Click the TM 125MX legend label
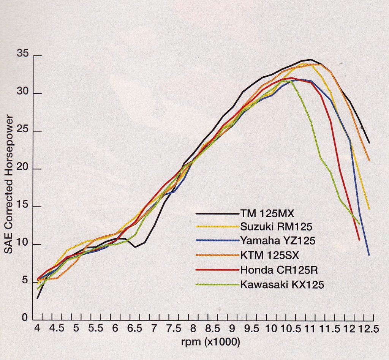(x=267, y=213)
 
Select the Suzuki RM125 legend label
(x=276, y=227)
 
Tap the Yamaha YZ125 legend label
(x=277, y=240)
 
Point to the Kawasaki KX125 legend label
(x=282, y=284)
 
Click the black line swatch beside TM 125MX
(x=217, y=214)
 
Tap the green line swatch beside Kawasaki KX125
(x=217, y=284)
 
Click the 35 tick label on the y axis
(x=23, y=54)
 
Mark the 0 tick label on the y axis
(x=24, y=318)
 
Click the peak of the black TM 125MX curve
(x=311, y=59)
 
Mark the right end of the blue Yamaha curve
(x=369, y=255)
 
